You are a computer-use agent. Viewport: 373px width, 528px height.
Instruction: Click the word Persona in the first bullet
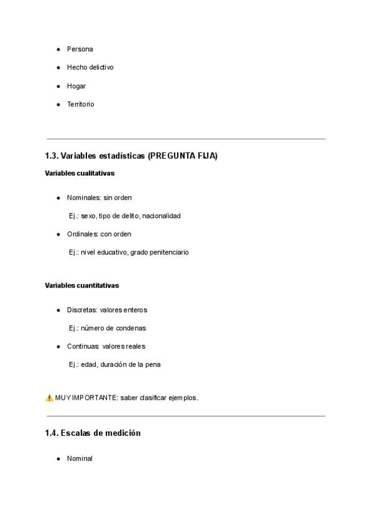[x=80, y=49]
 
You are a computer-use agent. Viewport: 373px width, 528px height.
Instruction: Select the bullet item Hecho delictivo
[x=90, y=67]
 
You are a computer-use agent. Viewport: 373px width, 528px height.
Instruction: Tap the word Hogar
[x=76, y=86]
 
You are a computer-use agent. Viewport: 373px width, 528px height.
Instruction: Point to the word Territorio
[x=81, y=105]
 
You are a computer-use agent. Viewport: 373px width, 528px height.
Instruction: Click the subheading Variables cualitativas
[x=80, y=173]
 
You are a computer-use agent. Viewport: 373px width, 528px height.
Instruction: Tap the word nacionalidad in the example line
[x=162, y=216]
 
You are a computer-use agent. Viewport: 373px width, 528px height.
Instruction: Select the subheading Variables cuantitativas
[x=81, y=285]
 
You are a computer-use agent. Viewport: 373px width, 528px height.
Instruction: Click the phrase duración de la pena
[x=131, y=365]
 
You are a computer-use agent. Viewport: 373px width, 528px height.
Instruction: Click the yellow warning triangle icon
[x=49, y=397]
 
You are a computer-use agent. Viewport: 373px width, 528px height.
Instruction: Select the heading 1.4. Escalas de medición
[x=93, y=433]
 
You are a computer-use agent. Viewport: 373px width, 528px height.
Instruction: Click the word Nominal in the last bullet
[x=80, y=459]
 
